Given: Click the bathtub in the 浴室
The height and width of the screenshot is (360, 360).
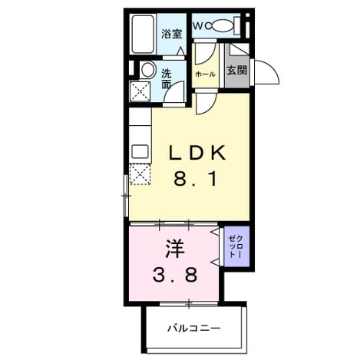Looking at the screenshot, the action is point(143,34).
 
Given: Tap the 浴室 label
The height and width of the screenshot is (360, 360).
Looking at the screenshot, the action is point(171,34).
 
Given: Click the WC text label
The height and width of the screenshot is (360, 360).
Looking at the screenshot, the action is point(202,25).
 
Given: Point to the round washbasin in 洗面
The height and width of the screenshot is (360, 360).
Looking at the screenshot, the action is point(148,70).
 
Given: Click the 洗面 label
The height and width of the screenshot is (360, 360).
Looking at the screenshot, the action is point(167,79).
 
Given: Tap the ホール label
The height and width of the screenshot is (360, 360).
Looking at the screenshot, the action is point(205,74).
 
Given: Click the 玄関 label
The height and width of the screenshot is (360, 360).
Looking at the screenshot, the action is point(237,70).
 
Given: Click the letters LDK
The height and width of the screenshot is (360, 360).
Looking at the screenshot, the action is point(197,153).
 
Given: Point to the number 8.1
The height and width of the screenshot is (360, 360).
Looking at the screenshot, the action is point(196,179).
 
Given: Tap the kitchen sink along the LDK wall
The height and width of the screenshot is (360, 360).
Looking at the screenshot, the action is point(140,152).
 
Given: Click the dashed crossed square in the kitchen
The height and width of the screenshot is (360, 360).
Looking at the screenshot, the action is point(140,174).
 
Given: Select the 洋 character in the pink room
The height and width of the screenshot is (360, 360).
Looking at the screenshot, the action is point(175,249).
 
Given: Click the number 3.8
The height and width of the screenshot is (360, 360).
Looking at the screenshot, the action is point(175,274).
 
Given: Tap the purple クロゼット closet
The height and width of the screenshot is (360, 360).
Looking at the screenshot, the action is point(236,246).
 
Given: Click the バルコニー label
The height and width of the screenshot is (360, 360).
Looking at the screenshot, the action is point(194,328).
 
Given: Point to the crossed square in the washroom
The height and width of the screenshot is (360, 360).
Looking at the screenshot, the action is point(140,91).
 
